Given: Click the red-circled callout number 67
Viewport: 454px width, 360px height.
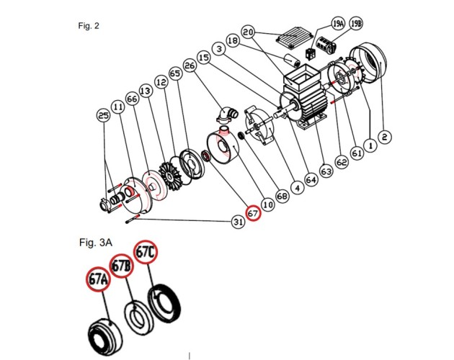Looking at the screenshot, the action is pyautogui.click(x=253, y=214).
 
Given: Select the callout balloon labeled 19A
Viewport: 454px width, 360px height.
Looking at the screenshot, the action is pyautogui.click(x=338, y=24).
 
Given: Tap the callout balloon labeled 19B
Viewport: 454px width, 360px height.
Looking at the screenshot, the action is pyautogui.click(x=356, y=24).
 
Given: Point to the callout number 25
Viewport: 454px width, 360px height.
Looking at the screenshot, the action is pyautogui.click(x=103, y=115).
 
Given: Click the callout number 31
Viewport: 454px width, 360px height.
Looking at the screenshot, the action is pyautogui.click(x=238, y=222).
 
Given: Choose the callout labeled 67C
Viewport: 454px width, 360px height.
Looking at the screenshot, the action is pyautogui.click(x=145, y=252).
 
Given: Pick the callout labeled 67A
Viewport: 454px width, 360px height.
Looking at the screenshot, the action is pyautogui.click(x=99, y=279).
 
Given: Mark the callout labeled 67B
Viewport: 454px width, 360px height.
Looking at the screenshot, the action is pyautogui.click(x=121, y=266).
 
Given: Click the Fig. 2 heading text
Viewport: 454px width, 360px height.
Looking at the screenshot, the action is pyautogui.click(x=89, y=26).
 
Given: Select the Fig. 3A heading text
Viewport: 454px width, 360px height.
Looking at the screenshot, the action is pyautogui.click(x=96, y=242).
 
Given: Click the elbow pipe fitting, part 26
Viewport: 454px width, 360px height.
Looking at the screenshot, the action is pyautogui.click(x=227, y=115).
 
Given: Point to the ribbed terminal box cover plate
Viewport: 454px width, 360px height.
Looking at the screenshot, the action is pyautogui.click(x=295, y=37).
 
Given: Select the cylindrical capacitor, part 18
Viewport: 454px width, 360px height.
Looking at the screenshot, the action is pyautogui.click(x=292, y=60).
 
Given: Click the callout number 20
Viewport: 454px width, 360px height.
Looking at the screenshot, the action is pyautogui.click(x=248, y=32).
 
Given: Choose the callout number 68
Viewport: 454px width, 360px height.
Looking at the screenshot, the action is pyautogui.click(x=282, y=196).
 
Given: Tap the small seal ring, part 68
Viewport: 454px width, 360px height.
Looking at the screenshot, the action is pyautogui.click(x=241, y=135).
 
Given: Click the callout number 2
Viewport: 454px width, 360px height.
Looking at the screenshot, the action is pyautogui.click(x=385, y=137).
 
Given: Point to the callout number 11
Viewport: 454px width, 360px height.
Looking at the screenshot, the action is pyautogui.click(x=118, y=107).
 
